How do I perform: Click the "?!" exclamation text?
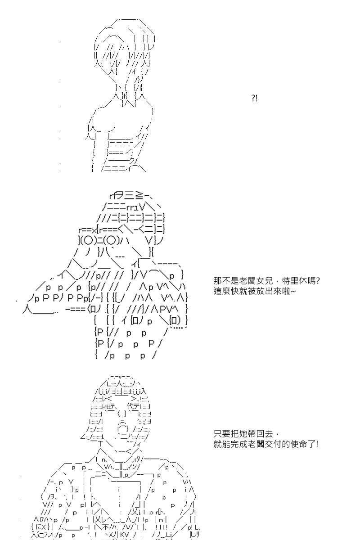point(254,99)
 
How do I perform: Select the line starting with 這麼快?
point(255,291)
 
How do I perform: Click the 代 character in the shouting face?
point(130,406)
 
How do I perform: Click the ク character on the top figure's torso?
point(132,161)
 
